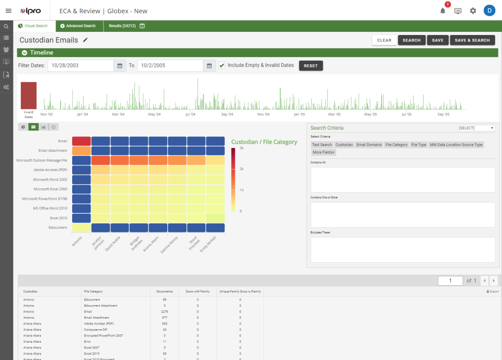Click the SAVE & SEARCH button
click(x=472, y=40)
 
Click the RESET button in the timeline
click(x=311, y=65)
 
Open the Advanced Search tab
click(x=78, y=26)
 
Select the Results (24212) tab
click(x=122, y=26)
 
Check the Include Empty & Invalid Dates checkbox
click(x=222, y=65)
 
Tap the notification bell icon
click(x=443, y=10)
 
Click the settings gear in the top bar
click(x=473, y=10)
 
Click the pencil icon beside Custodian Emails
click(x=86, y=40)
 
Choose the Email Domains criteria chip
click(x=369, y=145)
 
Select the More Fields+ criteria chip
click(x=324, y=152)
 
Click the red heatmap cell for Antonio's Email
click(x=81, y=141)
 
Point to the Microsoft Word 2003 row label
click(x=51, y=179)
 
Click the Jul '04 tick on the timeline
click(x=190, y=114)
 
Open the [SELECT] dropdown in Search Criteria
click(x=476, y=128)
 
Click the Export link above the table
click(x=493, y=291)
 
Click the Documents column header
click(x=164, y=291)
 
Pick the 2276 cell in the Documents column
click(x=164, y=311)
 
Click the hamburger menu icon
click(x=8, y=10)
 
